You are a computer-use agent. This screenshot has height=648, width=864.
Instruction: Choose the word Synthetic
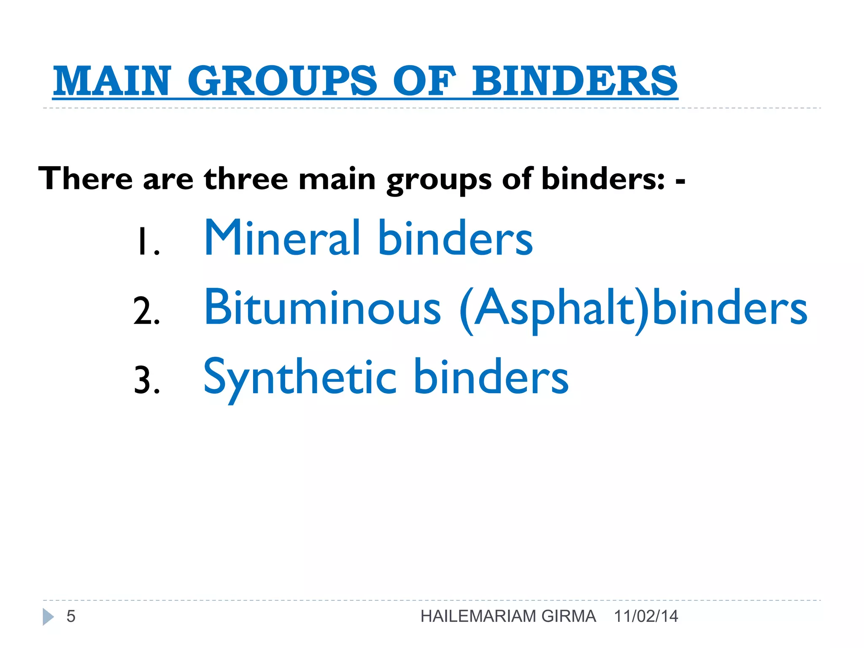(300, 377)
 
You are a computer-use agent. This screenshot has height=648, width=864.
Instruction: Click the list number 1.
(146, 242)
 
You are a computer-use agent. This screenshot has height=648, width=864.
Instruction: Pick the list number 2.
(146, 311)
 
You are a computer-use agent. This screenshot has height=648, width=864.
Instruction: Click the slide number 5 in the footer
(71, 616)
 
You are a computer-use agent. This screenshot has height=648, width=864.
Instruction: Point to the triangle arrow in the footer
(48, 617)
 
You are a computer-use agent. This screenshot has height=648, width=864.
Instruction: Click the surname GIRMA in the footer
(568, 616)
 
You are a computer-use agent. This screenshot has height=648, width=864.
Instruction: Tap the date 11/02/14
(646, 616)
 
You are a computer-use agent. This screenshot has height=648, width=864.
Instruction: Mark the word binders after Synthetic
(491, 377)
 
